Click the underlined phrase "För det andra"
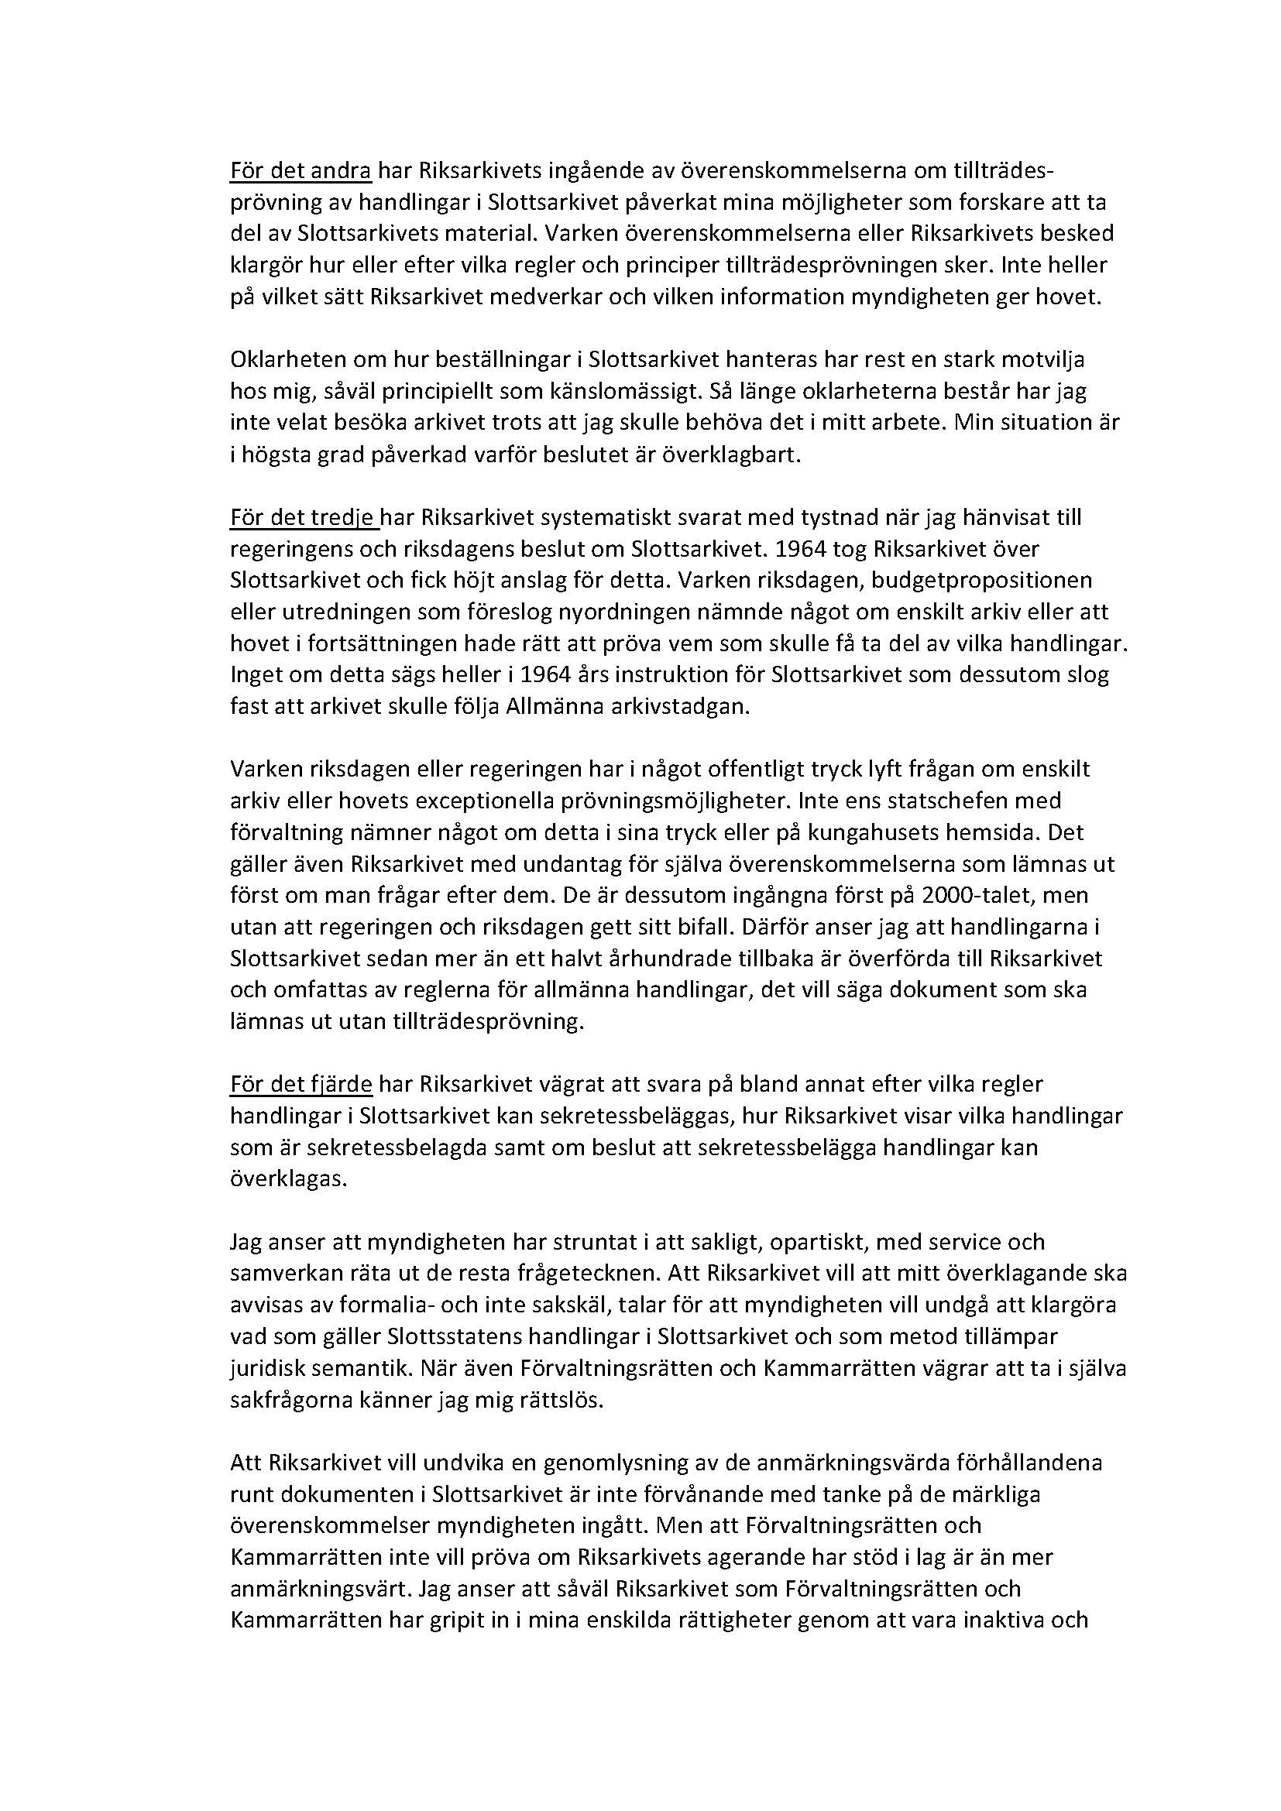(300, 170)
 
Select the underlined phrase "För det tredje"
(304, 517)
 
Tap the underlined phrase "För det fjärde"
(301, 1085)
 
